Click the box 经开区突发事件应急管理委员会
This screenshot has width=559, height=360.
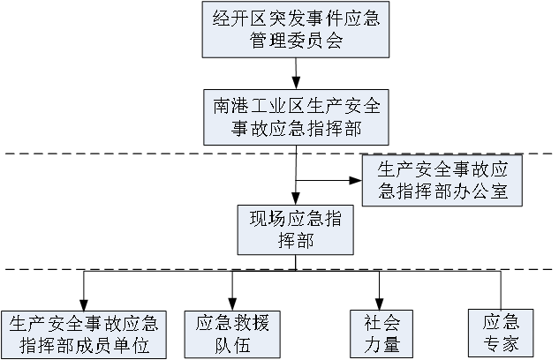coord(296,29)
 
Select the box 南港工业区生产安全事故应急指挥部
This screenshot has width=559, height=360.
coord(296,117)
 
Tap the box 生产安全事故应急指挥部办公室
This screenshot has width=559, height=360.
coord(442,179)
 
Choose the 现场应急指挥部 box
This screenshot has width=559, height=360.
coord(296,229)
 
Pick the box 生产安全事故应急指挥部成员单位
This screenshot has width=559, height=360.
coord(84,334)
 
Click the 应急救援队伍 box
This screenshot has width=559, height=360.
coord(231,334)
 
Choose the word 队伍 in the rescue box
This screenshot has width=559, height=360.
coord(231,345)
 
